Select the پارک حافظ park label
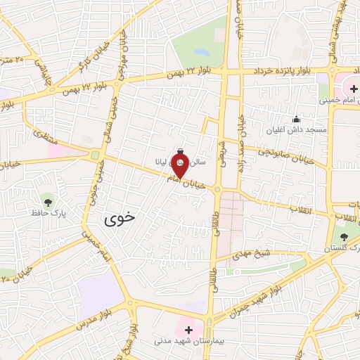(47, 211)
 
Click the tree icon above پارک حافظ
(47, 199)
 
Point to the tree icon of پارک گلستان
(343, 237)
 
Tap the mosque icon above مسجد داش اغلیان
(296, 119)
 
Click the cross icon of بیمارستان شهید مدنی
(188, 328)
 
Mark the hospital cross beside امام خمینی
(353, 89)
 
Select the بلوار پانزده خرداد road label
(289, 71)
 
